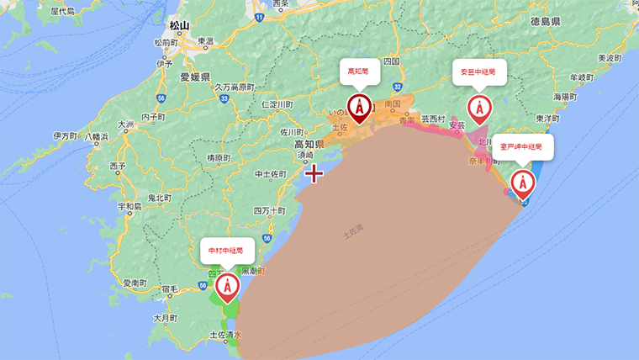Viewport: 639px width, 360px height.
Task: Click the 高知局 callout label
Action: pyautogui.click(x=360, y=72)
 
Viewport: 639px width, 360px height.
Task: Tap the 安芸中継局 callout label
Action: pyautogui.click(x=479, y=72)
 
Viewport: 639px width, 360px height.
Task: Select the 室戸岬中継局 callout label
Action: pyautogui.click(x=523, y=146)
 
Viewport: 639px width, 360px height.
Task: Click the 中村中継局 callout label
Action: pyautogui.click(x=226, y=250)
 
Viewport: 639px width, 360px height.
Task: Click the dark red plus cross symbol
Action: pyautogui.click(x=314, y=174)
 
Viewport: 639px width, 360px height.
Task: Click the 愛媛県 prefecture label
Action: pyautogui.click(x=194, y=77)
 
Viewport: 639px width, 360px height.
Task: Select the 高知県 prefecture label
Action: pyautogui.click(x=309, y=145)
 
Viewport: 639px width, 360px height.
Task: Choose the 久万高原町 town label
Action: pyautogui.click(x=234, y=87)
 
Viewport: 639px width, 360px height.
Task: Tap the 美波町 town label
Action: pyautogui.click(x=608, y=58)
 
